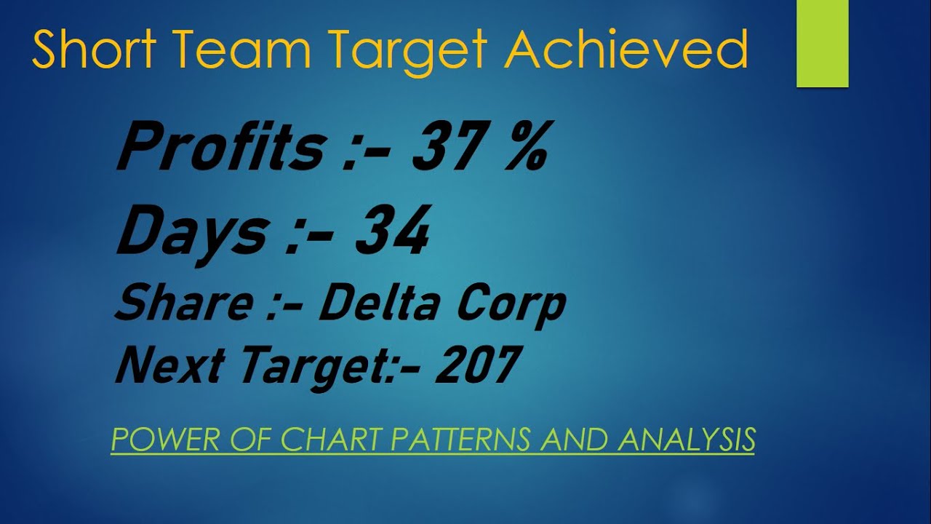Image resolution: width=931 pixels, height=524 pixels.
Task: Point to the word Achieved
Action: coord(626,49)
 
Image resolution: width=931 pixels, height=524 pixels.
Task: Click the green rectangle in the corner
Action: coord(823,44)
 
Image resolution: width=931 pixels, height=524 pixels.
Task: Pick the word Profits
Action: coord(220,148)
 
